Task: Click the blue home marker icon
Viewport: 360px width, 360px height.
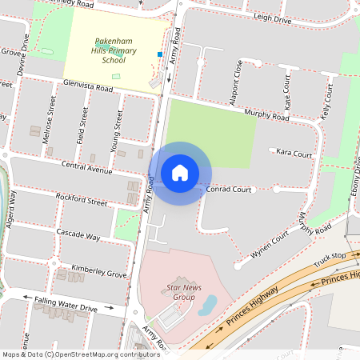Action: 180,173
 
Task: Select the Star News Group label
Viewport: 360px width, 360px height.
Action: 173,292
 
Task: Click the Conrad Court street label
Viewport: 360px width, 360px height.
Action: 229,190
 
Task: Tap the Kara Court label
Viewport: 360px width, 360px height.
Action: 293,153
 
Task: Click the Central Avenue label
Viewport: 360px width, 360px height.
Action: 87,169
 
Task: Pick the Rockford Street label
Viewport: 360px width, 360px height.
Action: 81,199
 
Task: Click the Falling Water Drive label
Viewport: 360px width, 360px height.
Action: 66,307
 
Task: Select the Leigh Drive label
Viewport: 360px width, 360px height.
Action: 272,18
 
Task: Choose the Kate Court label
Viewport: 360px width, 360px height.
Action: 287,92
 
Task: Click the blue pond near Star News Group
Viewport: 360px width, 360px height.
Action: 207,304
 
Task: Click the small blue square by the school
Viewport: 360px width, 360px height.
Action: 160,54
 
